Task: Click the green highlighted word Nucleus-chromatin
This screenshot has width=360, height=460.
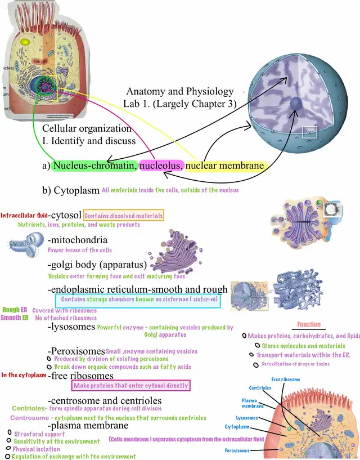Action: coord(94,166)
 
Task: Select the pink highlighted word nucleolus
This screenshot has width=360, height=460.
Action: coord(161,166)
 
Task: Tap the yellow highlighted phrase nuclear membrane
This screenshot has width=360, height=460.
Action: coord(224,166)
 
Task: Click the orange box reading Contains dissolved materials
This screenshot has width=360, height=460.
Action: coord(124,215)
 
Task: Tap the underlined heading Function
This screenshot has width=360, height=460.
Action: coord(309,324)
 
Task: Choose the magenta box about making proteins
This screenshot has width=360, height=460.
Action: coord(130,385)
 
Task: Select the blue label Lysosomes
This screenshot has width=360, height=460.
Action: coord(247,418)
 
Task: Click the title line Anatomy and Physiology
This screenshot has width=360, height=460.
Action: coord(179,91)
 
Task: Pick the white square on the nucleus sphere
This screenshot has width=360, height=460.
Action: coord(310,133)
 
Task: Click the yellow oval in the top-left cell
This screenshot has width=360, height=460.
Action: coord(25,42)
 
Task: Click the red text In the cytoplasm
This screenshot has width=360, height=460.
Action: coord(24,375)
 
